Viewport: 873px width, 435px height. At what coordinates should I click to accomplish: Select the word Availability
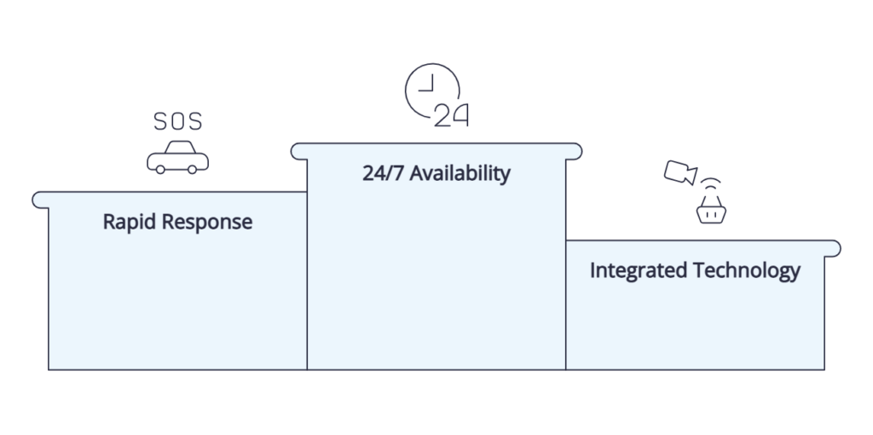coord(460,173)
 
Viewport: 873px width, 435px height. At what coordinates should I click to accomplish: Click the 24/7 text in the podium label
coord(384,173)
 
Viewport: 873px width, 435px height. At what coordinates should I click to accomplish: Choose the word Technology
coord(747,270)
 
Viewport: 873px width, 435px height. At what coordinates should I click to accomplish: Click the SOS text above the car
coord(177,121)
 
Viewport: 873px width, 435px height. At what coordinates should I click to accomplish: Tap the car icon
coord(177,157)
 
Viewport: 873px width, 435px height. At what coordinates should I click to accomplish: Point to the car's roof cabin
coord(180,147)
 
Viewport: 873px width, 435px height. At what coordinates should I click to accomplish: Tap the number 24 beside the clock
coord(451,115)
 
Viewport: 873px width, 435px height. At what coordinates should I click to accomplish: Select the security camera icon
coord(680,172)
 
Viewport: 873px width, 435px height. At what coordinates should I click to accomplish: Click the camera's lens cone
coord(691,175)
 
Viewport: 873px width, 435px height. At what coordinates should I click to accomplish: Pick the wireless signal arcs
coord(711,183)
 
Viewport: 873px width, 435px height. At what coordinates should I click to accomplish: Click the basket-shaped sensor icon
coord(711,210)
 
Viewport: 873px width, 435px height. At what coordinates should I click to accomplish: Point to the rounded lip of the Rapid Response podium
coord(40,200)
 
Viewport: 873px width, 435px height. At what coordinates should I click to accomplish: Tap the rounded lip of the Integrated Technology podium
coord(832,249)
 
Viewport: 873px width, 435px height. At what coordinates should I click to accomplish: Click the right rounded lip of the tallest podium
coord(574,152)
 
